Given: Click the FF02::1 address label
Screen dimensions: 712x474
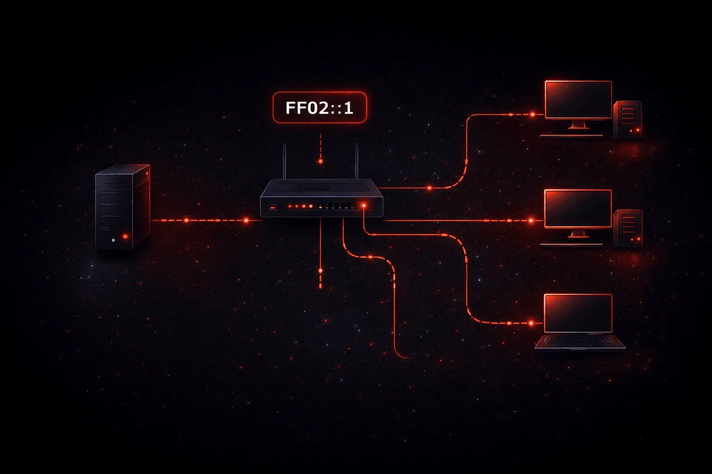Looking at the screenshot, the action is (320, 108).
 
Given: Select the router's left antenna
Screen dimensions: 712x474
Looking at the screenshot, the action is (285, 162).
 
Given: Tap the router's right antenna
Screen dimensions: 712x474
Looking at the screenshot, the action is (356, 162).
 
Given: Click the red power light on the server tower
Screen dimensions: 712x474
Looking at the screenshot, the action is (125, 236).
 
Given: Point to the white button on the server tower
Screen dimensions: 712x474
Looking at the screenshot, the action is (114, 240).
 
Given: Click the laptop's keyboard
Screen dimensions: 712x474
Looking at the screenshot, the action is (578, 340).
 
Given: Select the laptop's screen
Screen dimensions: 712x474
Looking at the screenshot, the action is (578, 313).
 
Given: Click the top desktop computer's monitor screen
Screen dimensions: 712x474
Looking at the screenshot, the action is (578, 100).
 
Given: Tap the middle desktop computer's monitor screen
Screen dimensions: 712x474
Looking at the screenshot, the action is (578, 209).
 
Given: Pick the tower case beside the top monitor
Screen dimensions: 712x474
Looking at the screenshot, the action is (628, 119).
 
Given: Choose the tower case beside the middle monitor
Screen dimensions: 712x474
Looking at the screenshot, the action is (628, 228).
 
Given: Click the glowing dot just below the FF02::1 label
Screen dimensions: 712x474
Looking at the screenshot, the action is (321, 161).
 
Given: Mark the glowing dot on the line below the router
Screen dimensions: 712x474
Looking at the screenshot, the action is (320, 271).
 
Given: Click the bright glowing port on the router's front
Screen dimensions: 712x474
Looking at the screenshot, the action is (363, 206).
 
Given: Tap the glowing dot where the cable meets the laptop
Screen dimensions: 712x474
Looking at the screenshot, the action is (531, 323).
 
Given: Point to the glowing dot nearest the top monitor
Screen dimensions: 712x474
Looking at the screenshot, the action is (533, 114).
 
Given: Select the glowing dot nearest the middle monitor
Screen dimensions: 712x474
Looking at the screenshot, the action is (531, 220).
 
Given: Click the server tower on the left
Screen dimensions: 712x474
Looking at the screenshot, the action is (123, 206).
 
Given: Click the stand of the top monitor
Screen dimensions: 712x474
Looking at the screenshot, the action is (578, 125).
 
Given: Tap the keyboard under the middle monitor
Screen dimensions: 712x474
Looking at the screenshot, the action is (571, 244).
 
